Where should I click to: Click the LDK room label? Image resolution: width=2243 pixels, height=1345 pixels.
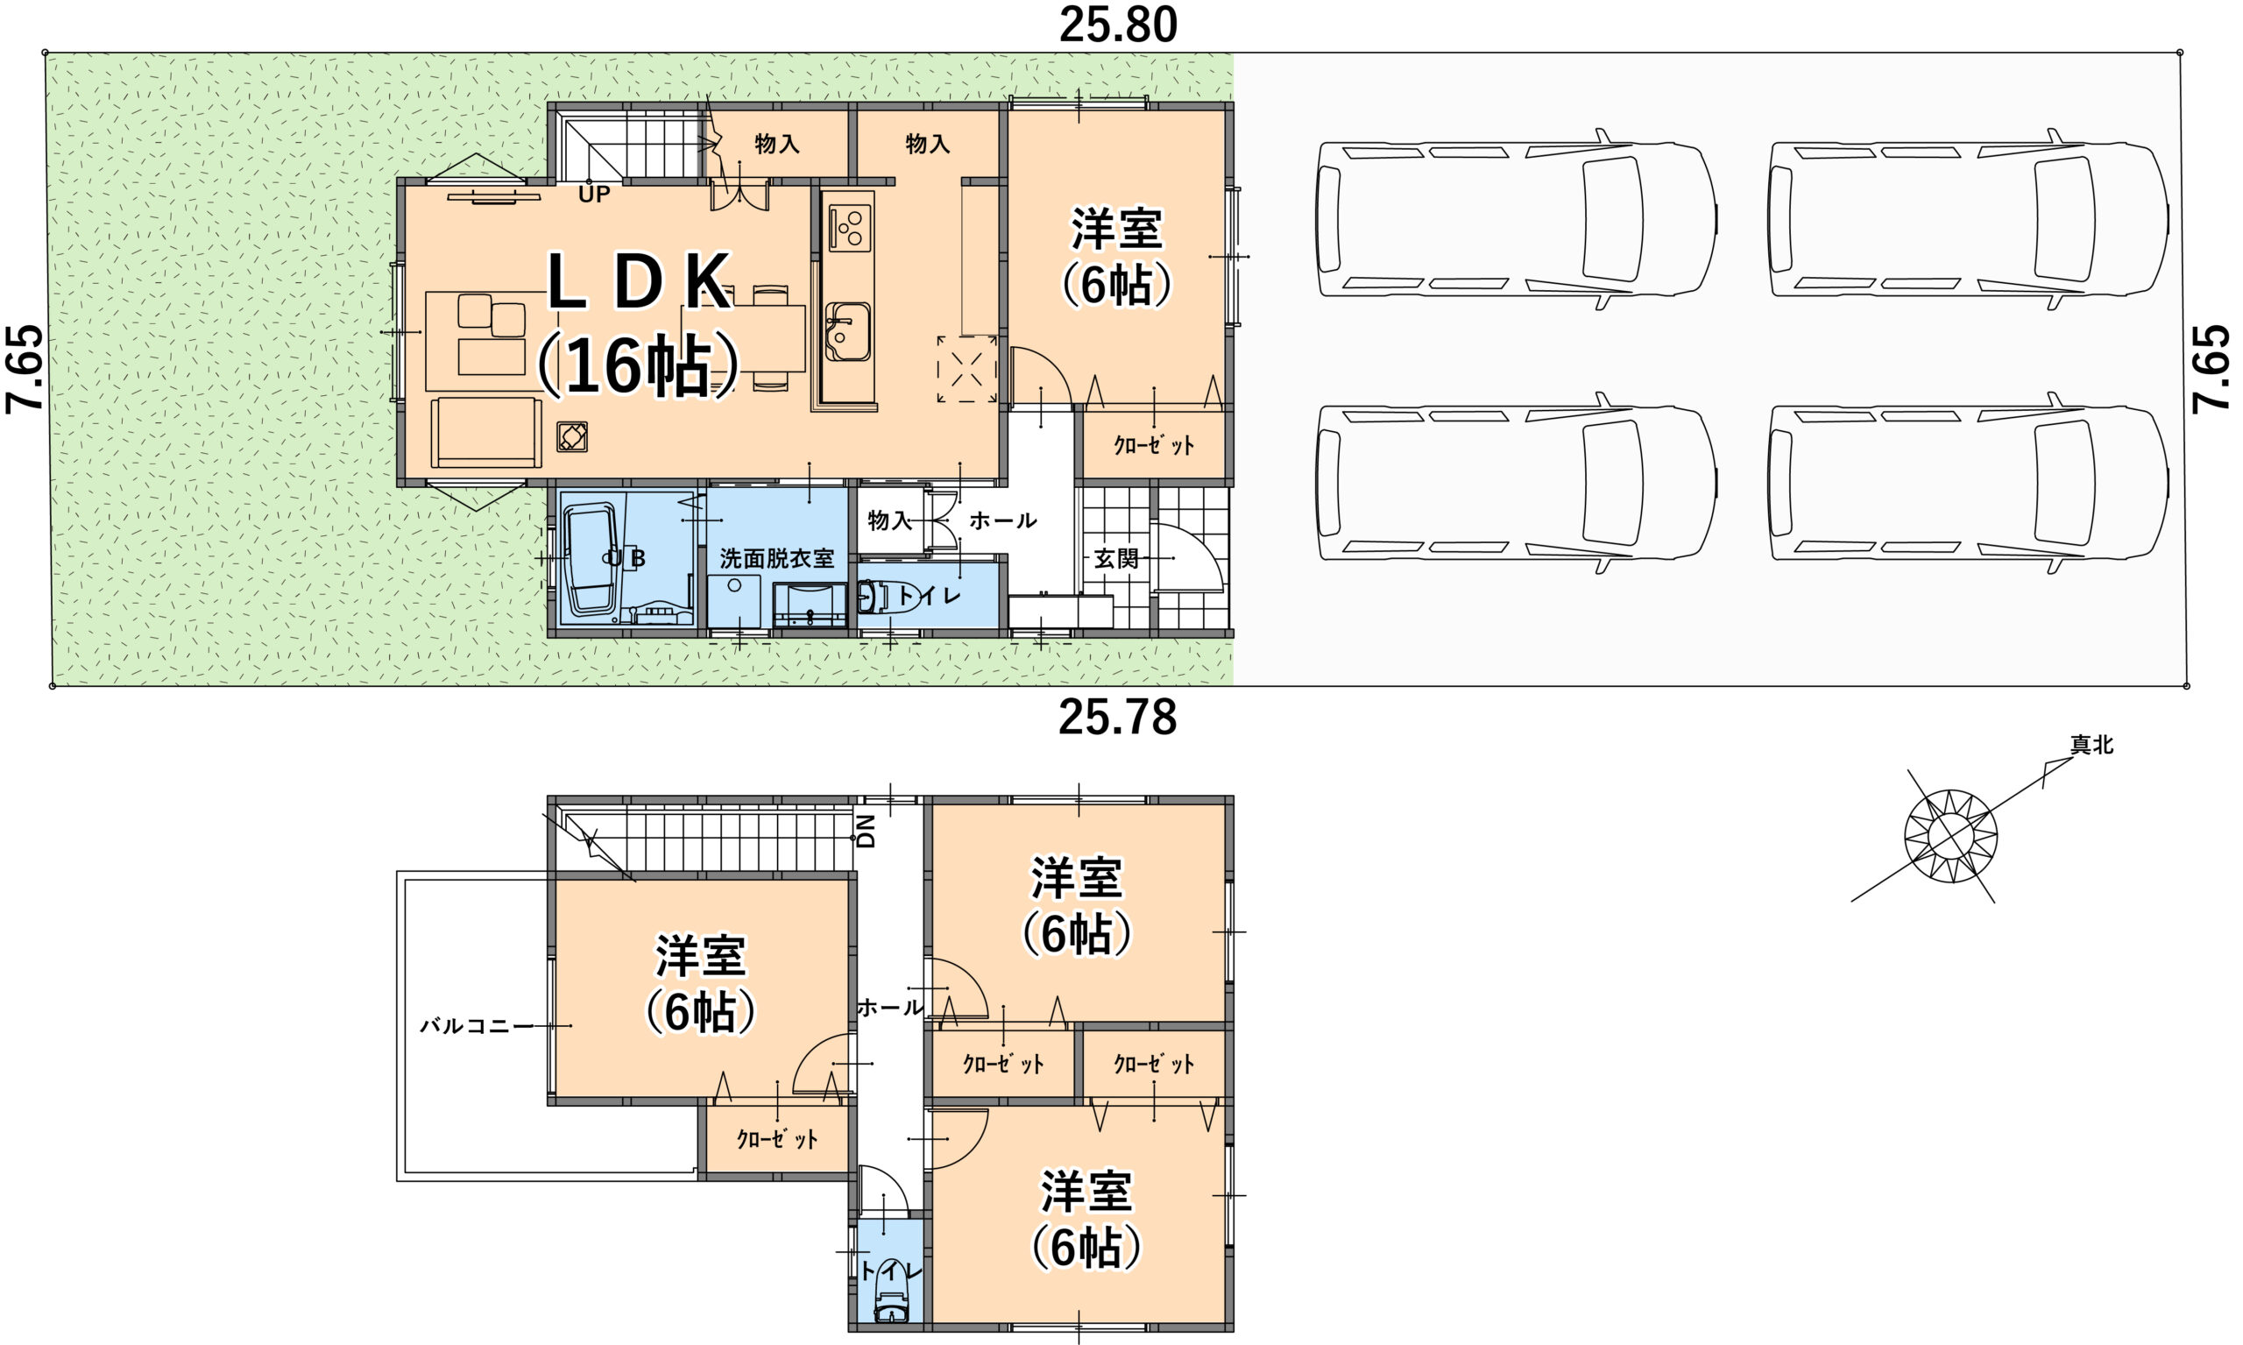(639, 282)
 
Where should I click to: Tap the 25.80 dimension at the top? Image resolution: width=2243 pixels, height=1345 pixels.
(1118, 25)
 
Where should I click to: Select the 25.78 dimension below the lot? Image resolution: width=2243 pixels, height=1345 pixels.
(1117, 717)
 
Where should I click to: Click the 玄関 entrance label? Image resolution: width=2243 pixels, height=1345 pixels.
(1115, 558)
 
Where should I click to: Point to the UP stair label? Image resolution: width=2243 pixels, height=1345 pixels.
(595, 194)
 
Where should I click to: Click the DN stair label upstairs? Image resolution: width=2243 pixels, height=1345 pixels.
(867, 830)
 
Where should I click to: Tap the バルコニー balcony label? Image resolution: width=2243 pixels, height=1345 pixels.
(477, 1026)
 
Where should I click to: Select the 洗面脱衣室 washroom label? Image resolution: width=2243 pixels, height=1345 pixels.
(776, 558)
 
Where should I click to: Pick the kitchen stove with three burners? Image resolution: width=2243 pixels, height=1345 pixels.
(850, 228)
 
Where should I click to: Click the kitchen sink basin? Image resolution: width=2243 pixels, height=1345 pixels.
(847, 331)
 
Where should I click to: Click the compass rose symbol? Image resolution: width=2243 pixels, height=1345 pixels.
(1951, 835)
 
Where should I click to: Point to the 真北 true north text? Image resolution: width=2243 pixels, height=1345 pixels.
(2091, 745)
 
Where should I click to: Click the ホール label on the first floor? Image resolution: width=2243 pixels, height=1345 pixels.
(1002, 520)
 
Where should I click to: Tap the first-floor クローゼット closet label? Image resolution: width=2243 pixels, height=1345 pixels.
(1154, 445)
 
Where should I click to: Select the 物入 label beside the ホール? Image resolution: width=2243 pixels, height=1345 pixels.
(889, 520)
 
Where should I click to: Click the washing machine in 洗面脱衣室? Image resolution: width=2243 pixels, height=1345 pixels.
(734, 600)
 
